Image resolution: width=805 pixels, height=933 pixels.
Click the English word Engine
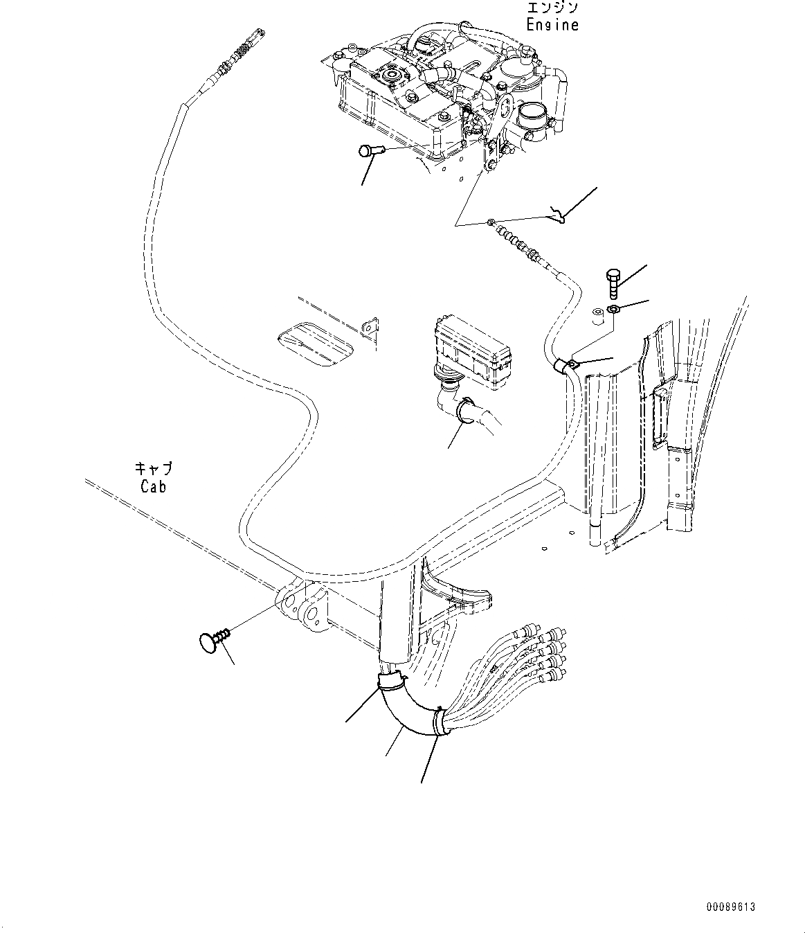coord(552,25)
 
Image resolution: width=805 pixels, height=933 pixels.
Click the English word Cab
coord(153,486)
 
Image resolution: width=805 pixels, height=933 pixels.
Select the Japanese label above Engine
coord(552,8)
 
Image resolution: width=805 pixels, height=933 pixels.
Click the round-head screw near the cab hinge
coord(210,641)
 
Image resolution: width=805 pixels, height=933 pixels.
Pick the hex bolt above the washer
coord(613,283)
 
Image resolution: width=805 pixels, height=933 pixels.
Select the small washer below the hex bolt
coord(613,309)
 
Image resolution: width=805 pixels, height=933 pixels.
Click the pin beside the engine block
coord(369,152)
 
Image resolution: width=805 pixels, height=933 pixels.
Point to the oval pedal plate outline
coord(317,344)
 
